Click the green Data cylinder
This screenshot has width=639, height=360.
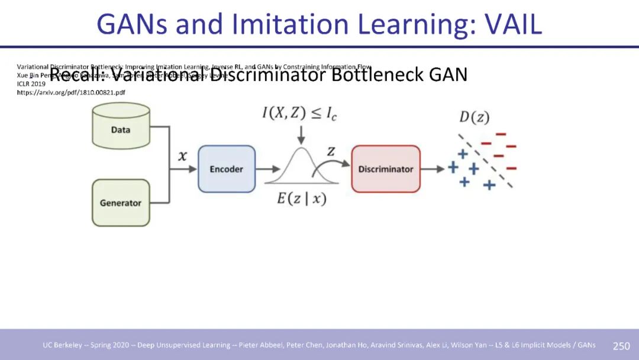[x=121, y=126]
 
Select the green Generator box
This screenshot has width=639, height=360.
[x=121, y=202]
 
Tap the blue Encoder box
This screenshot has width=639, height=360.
[x=227, y=169]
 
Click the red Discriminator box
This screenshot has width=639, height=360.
[x=386, y=169]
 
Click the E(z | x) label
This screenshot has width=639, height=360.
[x=302, y=199]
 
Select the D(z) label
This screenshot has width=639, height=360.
[x=475, y=117]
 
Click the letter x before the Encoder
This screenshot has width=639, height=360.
[x=183, y=156]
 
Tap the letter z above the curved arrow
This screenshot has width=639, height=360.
[x=331, y=152]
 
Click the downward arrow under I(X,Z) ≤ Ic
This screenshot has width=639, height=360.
[x=302, y=134]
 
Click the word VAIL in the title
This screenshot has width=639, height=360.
[x=513, y=24]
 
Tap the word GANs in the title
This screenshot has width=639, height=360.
[x=131, y=24]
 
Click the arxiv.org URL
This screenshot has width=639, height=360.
[x=71, y=93]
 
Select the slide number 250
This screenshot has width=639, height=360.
[x=621, y=346]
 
